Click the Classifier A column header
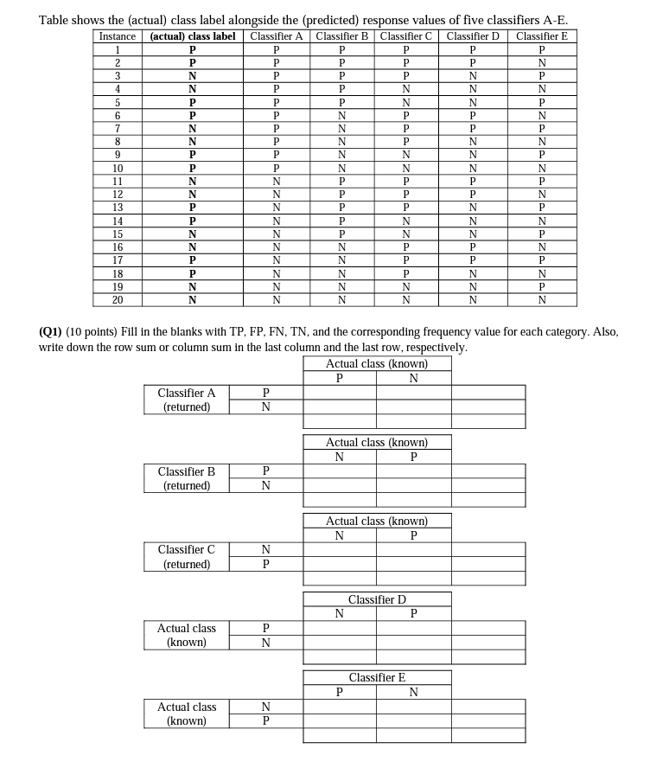pyautogui.click(x=276, y=36)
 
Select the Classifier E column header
pyautogui.click(x=541, y=36)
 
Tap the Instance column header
pyautogui.click(x=118, y=36)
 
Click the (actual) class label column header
pyautogui.click(x=193, y=36)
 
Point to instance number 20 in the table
pyautogui.click(x=118, y=300)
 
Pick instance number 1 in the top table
pyautogui.click(x=118, y=49)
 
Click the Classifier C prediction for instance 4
pyautogui.click(x=406, y=88)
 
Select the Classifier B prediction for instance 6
pyautogui.click(x=342, y=115)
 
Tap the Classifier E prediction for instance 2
pyautogui.click(x=541, y=62)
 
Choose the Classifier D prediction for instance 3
pyautogui.click(x=473, y=75)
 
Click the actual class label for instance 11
pyautogui.click(x=193, y=182)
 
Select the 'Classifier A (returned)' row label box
pyautogui.click(x=187, y=400)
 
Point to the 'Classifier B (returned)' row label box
pyautogui.click(x=187, y=478)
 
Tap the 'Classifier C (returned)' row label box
pyautogui.click(x=187, y=557)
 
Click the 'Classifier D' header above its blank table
pyautogui.click(x=377, y=599)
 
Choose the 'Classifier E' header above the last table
pyautogui.click(x=377, y=678)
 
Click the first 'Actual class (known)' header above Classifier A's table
pyautogui.click(x=377, y=363)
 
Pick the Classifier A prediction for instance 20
pyautogui.click(x=276, y=300)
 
